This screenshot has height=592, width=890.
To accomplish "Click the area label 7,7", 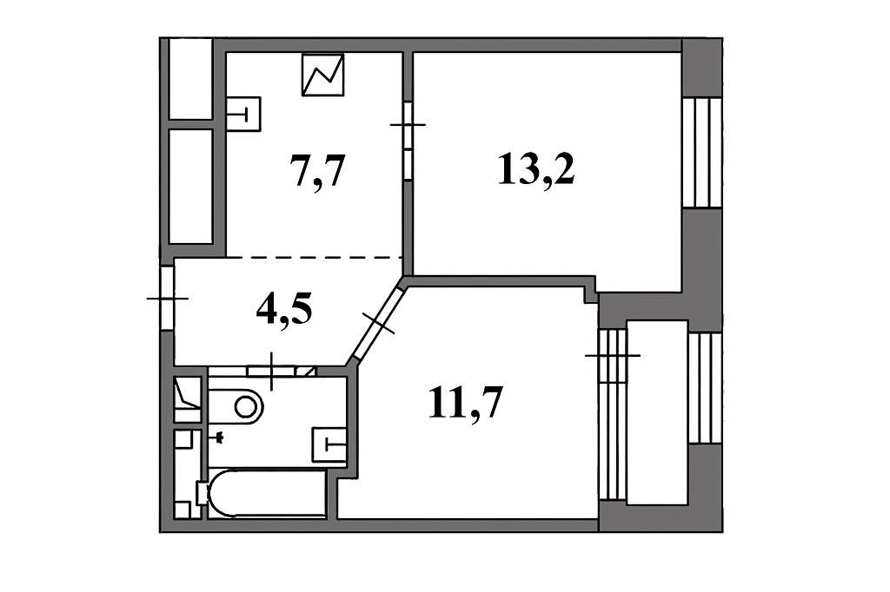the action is click(317, 170).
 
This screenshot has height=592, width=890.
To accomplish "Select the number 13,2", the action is click(536, 169).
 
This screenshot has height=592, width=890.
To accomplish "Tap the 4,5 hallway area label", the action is click(284, 311).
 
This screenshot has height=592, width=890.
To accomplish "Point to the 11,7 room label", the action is click(466, 403).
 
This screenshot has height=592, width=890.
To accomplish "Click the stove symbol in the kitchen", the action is click(323, 75).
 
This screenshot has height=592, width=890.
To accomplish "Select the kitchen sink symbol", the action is click(243, 114).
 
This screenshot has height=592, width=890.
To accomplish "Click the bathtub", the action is click(267, 493).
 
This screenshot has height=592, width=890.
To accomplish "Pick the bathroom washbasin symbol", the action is click(329, 444).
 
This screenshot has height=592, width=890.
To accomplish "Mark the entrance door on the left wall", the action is click(167, 299).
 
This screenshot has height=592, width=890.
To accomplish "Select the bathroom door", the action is click(271, 372).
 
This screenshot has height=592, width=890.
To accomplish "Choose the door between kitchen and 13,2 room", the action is click(408, 141).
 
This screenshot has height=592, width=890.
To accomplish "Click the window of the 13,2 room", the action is click(701, 153).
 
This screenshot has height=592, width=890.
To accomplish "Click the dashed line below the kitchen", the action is click(315, 258).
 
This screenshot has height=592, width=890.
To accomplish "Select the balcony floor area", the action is click(657, 412).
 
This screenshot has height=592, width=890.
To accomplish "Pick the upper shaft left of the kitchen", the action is click(190, 79).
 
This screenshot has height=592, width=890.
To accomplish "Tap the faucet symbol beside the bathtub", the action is click(219, 437).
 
